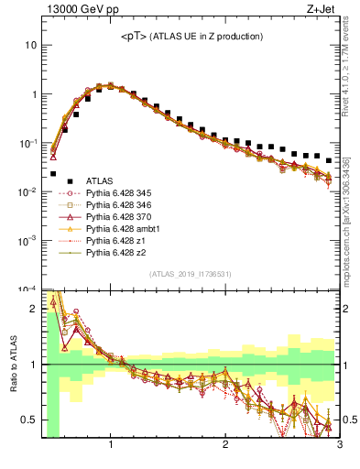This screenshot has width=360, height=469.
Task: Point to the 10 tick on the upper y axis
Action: (28, 45)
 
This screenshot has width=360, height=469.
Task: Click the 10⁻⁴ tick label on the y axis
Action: (27, 289)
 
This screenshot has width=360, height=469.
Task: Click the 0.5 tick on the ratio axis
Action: (27, 420)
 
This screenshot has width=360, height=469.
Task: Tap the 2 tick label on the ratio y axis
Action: (32, 309)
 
